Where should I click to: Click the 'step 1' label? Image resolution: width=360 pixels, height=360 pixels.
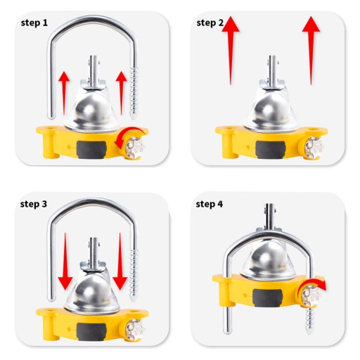34,23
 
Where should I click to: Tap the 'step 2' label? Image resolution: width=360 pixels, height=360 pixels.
210,23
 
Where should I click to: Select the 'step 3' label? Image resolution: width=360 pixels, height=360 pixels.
34,204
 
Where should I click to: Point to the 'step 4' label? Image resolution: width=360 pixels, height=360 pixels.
210,204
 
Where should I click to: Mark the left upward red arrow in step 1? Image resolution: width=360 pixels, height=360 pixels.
64,94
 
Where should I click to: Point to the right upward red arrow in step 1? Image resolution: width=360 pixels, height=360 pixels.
121,94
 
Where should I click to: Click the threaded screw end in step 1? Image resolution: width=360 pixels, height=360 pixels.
134,94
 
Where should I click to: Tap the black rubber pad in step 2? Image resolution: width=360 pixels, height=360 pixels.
270,150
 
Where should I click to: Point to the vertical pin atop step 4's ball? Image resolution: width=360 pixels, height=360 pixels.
270,217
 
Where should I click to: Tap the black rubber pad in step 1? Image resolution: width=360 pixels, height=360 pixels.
91,150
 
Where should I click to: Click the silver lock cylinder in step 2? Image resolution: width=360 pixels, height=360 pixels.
314,148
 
